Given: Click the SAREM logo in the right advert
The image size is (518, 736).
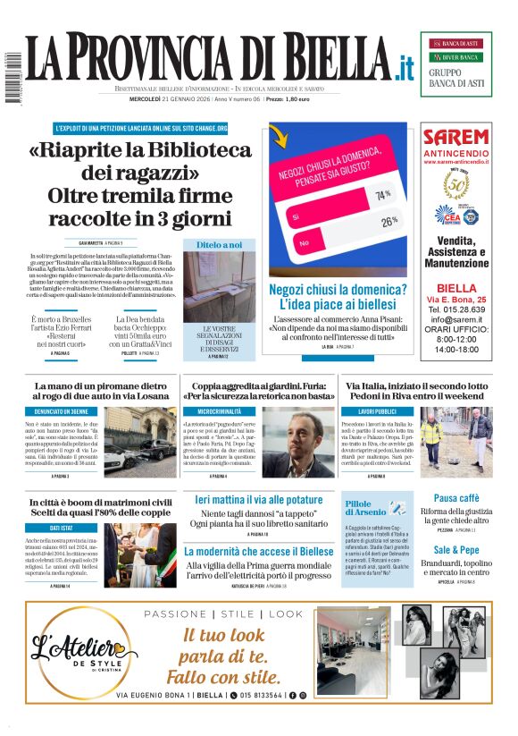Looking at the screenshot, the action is [x=455, y=137].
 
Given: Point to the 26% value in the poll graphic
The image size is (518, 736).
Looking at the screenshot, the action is [x=388, y=220].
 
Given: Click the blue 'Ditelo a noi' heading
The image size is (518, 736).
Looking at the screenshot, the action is [x=219, y=244].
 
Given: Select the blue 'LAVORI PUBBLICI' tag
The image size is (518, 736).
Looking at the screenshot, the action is [x=377, y=410].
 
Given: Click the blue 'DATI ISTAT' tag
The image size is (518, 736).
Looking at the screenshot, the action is [x=61, y=528].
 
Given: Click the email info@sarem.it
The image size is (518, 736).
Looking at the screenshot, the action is [x=455, y=318].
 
